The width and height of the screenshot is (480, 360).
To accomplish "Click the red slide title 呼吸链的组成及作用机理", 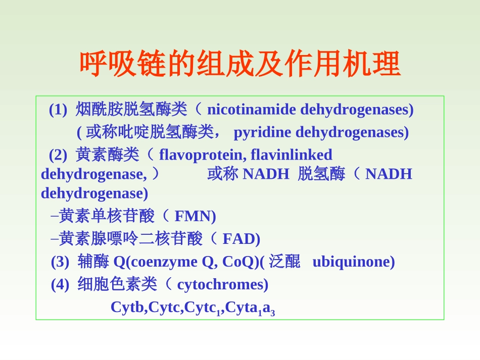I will (240, 64).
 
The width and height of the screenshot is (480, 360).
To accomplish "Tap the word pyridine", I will (262, 132).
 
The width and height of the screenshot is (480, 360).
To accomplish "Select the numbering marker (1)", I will (58, 110).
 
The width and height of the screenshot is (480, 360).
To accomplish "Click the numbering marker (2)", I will (58, 155).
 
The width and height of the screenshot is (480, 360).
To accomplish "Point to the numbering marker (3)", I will (60, 262).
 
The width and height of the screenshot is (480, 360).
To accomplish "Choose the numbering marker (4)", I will (60, 285).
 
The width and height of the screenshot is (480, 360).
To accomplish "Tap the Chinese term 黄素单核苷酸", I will (107, 216).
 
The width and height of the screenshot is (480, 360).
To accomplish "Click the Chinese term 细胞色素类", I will (117, 284).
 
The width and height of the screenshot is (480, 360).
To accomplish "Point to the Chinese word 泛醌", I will (284, 262).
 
